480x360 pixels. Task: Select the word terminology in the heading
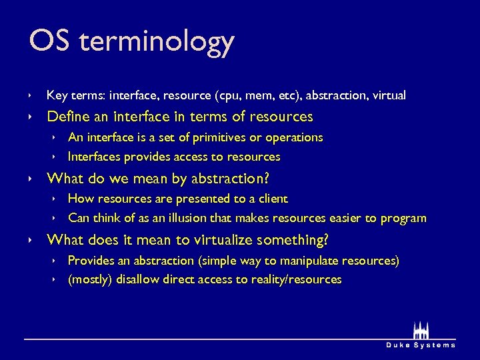156,43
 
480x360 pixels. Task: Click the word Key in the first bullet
56,96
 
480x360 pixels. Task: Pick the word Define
69,117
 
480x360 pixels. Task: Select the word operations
294,138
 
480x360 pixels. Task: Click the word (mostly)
90,280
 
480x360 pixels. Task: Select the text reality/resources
296,280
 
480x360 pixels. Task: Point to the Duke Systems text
421,345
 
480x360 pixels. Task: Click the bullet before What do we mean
31,179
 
